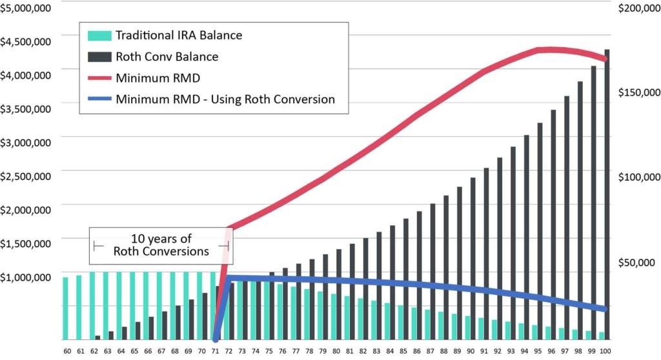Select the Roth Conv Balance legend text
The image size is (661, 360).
(167, 57)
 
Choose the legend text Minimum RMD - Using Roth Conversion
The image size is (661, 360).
(225, 100)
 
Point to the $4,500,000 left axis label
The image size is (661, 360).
(25, 41)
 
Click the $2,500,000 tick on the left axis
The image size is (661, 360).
(25, 175)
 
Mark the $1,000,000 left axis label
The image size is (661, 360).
(25, 277)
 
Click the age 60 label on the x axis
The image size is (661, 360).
(67, 350)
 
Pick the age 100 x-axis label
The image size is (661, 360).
(605, 350)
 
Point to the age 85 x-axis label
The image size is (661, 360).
(403, 350)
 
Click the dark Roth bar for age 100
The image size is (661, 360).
(607, 194)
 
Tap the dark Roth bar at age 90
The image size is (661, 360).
(473, 258)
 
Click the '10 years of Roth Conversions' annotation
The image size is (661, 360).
(161, 245)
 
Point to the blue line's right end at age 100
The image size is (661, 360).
(604, 309)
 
